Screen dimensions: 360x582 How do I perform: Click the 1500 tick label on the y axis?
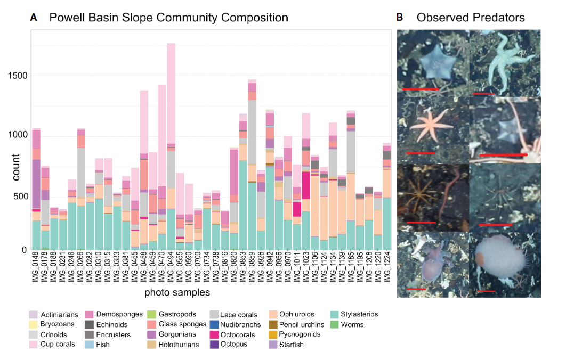pyautogui.click(x=18, y=76)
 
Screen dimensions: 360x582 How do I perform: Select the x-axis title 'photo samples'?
pyautogui.click(x=177, y=292)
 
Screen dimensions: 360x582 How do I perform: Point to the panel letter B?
pyautogui.click(x=399, y=18)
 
